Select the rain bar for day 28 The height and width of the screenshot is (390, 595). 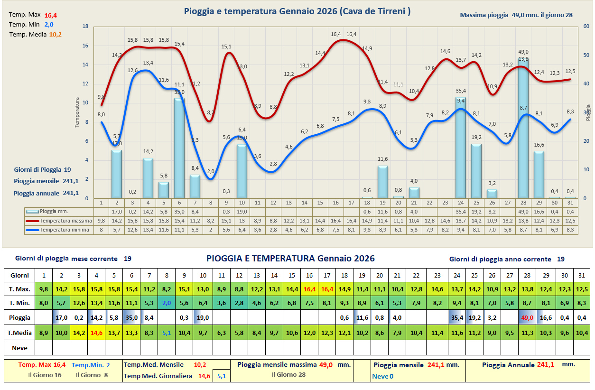pos(523,128)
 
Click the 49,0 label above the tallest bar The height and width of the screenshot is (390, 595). pos(523,52)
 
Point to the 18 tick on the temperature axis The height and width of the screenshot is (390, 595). pos(85,27)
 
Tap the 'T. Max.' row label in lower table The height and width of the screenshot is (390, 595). pos(19,289)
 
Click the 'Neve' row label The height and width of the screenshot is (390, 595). pos(19,348)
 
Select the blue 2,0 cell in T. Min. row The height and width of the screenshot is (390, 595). pos(166,303)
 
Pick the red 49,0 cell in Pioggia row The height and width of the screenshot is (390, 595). pos(527,317)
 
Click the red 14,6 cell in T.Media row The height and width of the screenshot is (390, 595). pos(96,333)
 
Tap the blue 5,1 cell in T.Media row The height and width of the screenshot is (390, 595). pos(166,333)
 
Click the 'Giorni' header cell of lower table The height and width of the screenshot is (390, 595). pos(19,275)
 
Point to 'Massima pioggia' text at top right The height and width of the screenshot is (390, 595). pos(484,15)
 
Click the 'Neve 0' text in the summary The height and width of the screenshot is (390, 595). pos(383,376)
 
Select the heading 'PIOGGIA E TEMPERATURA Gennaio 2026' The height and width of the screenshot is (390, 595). pos(290,259)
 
